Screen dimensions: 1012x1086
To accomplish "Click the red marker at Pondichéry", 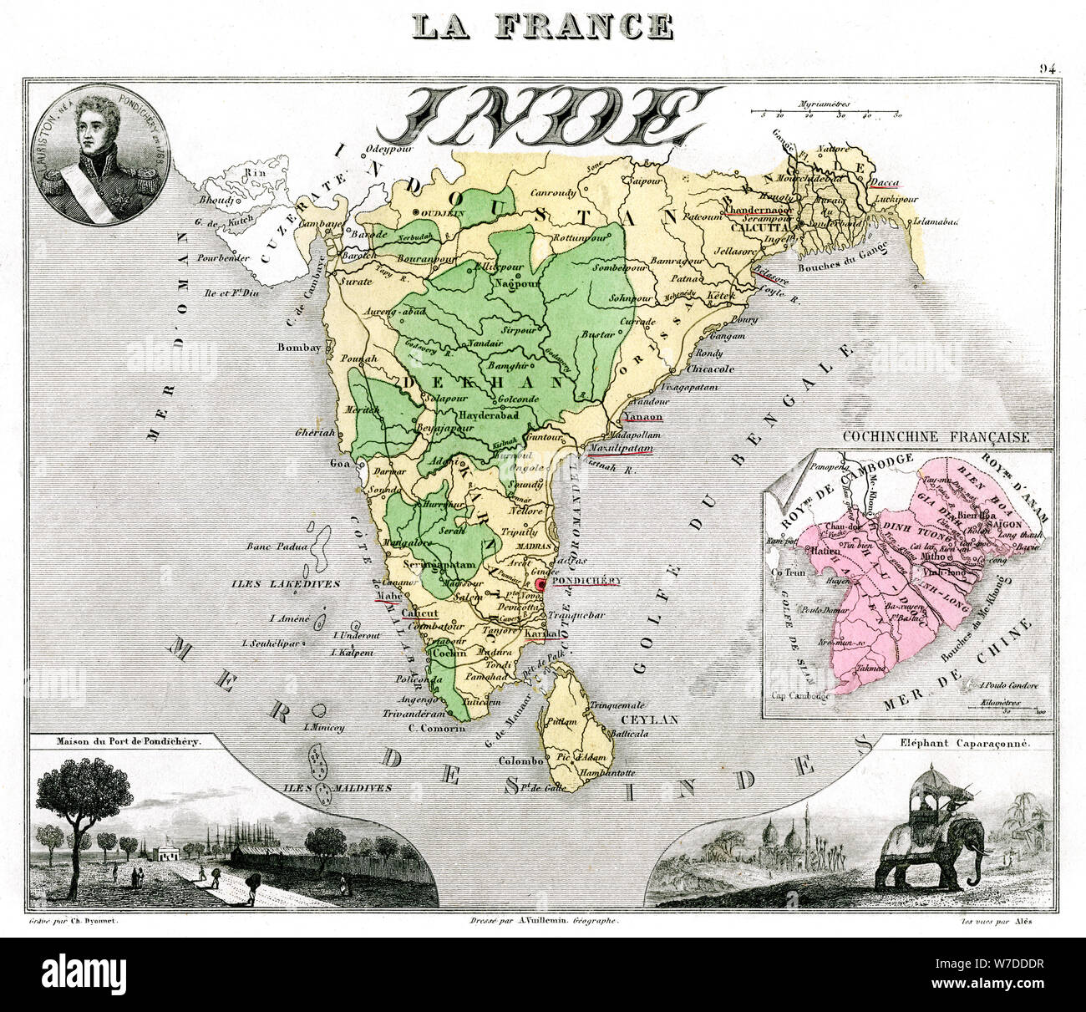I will click(x=540, y=584).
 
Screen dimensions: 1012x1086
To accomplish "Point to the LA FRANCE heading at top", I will click(x=542, y=24).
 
